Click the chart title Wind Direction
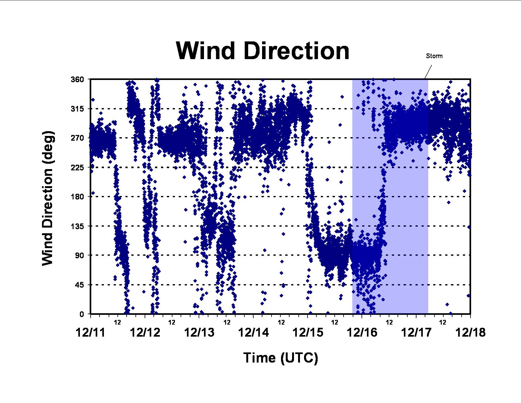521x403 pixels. [262, 51]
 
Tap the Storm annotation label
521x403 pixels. [434, 56]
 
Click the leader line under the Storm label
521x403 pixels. [428, 72]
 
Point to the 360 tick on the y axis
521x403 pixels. [77, 79]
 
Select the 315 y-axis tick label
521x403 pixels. [77, 109]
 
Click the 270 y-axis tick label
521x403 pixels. [77, 138]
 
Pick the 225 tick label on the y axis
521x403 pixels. [77, 167]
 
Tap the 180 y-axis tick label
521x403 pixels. [77, 197]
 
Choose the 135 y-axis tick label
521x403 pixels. [77, 226]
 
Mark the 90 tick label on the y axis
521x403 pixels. [79, 255]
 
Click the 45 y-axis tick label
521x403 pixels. [79, 285]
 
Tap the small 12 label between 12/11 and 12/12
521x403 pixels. [117, 323]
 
